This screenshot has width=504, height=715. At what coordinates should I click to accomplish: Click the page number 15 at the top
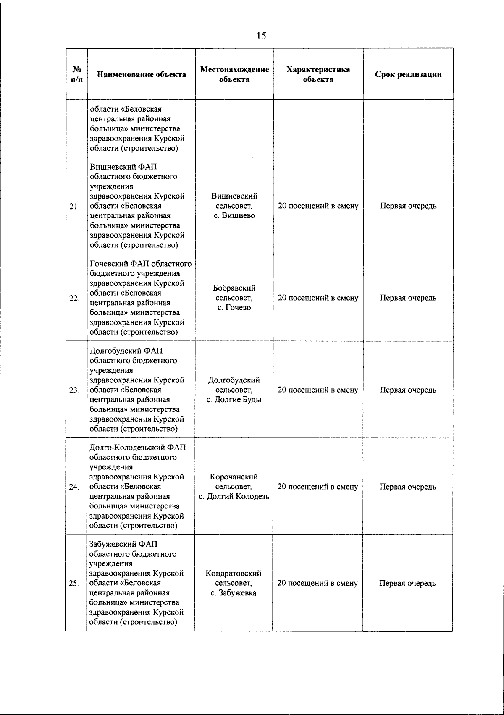click(x=261, y=36)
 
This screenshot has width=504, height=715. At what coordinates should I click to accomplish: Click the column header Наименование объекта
click(x=142, y=75)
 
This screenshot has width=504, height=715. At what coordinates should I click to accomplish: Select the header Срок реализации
click(x=408, y=75)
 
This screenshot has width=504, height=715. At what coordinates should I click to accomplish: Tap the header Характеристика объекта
click(x=318, y=74)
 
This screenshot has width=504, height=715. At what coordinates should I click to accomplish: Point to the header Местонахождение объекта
click(x=234, y=74)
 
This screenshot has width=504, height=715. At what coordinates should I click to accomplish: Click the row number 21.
click(x=74, y=206)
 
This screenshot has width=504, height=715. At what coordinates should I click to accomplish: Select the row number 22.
click(x=74, y=298)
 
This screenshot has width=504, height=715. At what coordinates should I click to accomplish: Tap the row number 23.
click(x=74, y=390)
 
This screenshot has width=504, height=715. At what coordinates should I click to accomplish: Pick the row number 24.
click(x=74, y=487)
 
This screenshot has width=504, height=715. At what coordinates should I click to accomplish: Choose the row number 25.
click(x=74, y=584)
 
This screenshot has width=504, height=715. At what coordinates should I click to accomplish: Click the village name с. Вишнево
click(x=234, y=216)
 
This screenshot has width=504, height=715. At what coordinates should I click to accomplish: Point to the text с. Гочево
click(x=234, y=308)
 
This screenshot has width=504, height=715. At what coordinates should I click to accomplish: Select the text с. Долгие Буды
click(x=234, y=400)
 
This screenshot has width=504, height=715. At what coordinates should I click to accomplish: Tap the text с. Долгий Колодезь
click(x=234, y=497)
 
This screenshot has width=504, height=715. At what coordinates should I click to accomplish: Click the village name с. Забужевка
click(x=234, y=593)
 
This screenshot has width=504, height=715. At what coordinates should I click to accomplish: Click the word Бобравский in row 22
click(x=234, y=288)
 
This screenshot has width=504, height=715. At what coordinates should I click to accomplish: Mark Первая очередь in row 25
click(x=408, y=583)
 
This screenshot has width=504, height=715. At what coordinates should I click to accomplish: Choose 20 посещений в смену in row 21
click(x=318, y=206)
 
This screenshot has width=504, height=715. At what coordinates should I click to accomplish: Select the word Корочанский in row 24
click(x=234, y=477)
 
